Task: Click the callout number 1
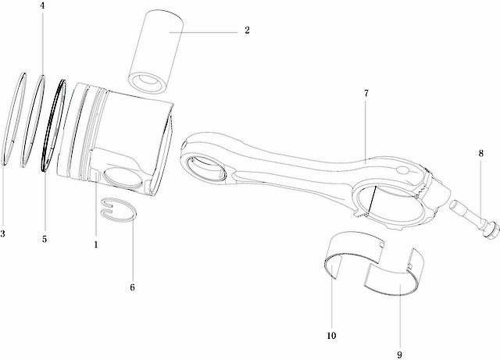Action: click(95, 244)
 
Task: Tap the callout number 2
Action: click(246, 31)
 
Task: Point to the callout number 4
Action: click(42, 6)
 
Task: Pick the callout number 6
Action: click(133, 287)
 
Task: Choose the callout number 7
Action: click(366, 94)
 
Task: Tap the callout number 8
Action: click(480, 153)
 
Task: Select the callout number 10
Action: click(331, 336)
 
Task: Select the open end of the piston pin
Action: click(148, 81)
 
